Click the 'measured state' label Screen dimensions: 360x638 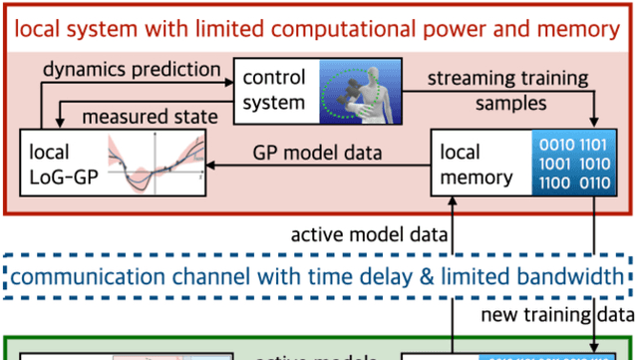150,118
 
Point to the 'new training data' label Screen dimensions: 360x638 550,315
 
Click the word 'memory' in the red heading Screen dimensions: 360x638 578,28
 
